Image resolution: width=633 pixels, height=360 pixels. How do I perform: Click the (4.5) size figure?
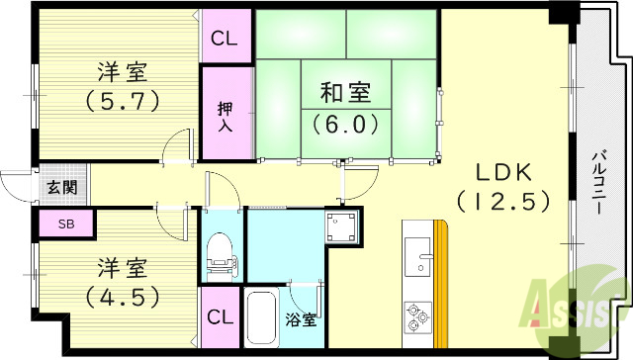(x=122, y=296)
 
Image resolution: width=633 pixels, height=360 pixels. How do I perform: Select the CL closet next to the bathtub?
(x=221, y=316)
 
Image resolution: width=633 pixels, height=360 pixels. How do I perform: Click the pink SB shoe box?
(x=65, y=225)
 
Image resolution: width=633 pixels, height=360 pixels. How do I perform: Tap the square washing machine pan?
(x=344, y=228)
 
